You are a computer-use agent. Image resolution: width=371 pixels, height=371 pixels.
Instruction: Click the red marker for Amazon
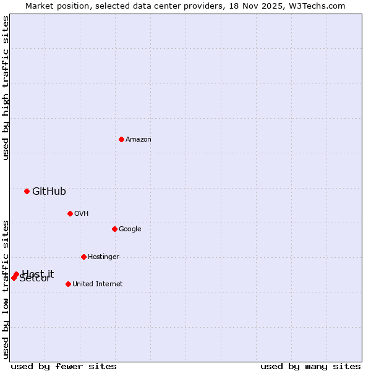click(121, 139)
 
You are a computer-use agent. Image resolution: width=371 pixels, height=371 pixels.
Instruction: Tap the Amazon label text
click(139, 140)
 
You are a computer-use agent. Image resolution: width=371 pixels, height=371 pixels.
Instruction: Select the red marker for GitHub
click(27, 191)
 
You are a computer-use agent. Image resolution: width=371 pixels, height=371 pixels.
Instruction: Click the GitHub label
click(49, 192)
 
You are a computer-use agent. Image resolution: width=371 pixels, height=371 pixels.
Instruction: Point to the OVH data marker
click(70, 213)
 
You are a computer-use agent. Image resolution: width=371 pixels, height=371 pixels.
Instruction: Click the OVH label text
click(82, 214)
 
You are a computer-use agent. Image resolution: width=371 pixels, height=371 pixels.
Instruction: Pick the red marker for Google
click(114, 229)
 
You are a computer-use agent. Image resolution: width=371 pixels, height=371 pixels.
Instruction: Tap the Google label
click(130, 229)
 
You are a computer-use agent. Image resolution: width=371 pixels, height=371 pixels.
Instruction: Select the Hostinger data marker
click(83, 257)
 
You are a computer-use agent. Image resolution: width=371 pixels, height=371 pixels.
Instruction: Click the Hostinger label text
click(103, 257)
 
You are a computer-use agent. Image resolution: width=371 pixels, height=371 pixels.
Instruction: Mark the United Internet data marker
click(68, 284)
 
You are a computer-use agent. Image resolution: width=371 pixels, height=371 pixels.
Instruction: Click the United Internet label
click(98, 284)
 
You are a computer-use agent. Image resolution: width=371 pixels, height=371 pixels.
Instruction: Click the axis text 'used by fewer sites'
click(64, 366)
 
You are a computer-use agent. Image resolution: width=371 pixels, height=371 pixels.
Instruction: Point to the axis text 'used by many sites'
click(310, 366)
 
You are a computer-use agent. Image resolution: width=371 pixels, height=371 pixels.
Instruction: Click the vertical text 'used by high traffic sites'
click(6, 88)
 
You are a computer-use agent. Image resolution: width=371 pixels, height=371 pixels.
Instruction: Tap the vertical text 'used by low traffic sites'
click(6, 289)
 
